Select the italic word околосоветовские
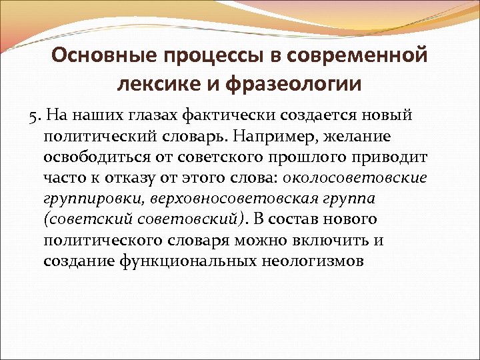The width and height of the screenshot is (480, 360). point(355,178)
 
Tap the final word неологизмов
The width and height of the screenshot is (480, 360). point(323,261)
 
